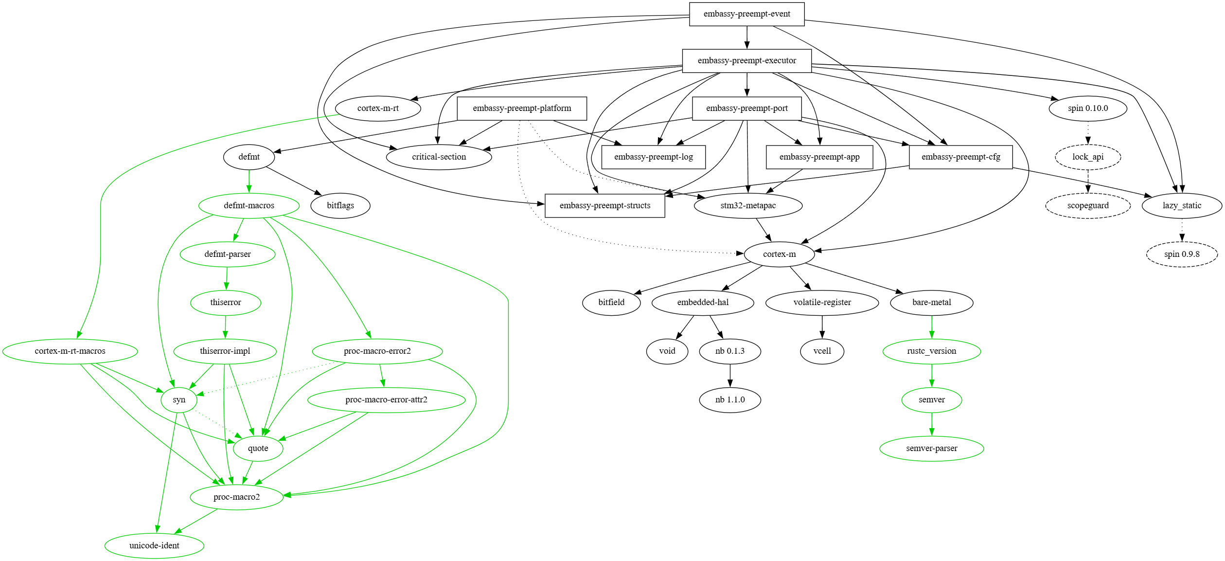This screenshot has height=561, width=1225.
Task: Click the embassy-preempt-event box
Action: click(x=746, y=14)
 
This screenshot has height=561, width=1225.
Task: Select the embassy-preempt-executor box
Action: click(x=746, y=61)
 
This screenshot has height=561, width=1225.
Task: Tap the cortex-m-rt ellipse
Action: click(x=378, y=109)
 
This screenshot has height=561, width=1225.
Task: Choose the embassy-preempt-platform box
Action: click(x=521, y=109)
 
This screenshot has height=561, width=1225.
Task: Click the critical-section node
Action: click(x=439, y=157)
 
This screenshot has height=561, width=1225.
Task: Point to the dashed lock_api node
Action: click(x=1088, y=157)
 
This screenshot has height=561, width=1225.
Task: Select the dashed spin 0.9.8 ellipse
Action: click(x=1181, y=254)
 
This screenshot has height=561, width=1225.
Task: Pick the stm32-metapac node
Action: click(x=748, y=206)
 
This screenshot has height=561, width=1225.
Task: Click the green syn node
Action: click(x=179, y=400)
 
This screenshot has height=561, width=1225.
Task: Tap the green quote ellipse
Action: click(x=258, y=449)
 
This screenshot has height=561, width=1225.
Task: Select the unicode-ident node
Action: click(x=154, y=546)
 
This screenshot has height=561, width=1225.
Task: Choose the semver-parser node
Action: click(x=931, y=449)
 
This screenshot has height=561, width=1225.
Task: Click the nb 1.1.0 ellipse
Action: click(x=729, y=400)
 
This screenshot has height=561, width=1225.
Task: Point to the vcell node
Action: click(x=822, y=351)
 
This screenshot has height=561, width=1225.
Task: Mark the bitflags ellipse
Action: click(x=340, y=206)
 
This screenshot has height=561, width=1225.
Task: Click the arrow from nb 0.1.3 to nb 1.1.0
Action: click(x=729, y=376)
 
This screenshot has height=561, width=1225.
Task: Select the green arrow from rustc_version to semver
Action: click(x=931, y=376)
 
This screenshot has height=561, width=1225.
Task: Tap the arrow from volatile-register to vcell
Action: click(x=822, y=327)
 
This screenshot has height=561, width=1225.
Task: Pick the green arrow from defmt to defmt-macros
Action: click(x=249, y=181)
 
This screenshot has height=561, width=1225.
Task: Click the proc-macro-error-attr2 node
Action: click(x=386, y=400)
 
